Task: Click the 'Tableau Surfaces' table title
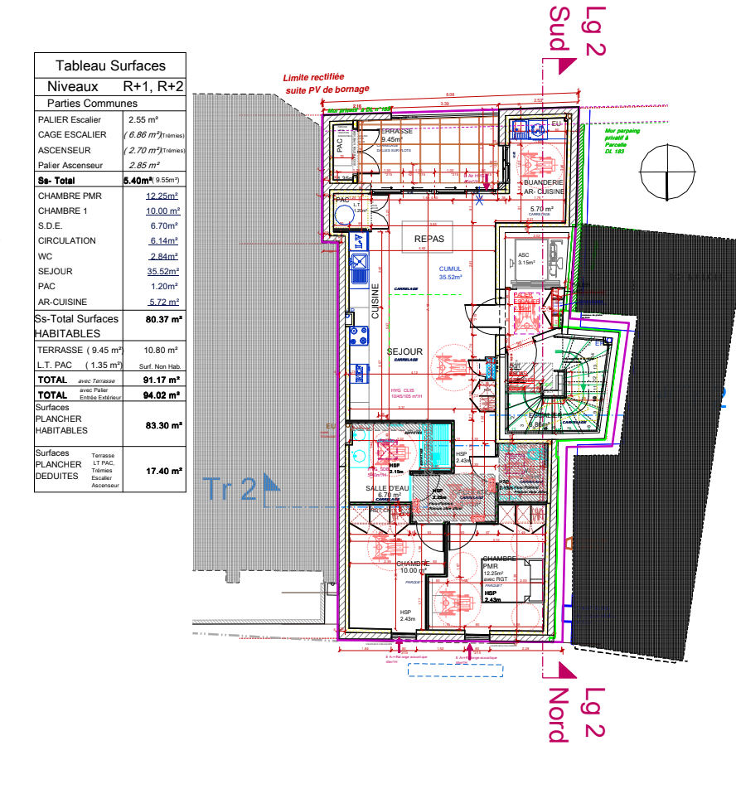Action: pos(110,65)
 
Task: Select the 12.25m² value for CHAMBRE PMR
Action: pos(162,196)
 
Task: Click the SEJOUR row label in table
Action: pos(56,271)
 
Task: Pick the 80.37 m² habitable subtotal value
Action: pos(163,318)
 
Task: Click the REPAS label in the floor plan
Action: pos(430,238)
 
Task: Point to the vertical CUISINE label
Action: pos(375,303)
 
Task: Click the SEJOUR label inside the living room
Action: pos(404,351)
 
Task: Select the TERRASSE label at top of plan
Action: pos(396,132)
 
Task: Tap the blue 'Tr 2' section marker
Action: pos(242,489)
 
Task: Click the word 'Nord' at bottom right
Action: pos(559,714)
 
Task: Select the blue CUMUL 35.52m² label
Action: pos(451,274)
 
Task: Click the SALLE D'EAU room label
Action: pos(388,489)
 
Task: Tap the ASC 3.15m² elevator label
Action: pos(525,259)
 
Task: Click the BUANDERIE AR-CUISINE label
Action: pos(543,186)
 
